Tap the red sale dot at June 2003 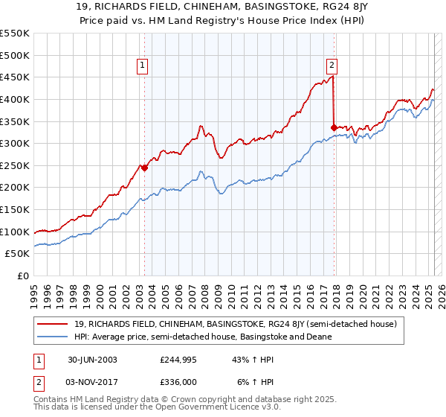pyautogui.click(x=145, y=168)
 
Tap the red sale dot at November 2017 pyautogui.click(x=334, y=127)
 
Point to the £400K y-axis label pyautogui.click(x=15, y=99)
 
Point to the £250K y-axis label pyautogui.click(x=15, y=165)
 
